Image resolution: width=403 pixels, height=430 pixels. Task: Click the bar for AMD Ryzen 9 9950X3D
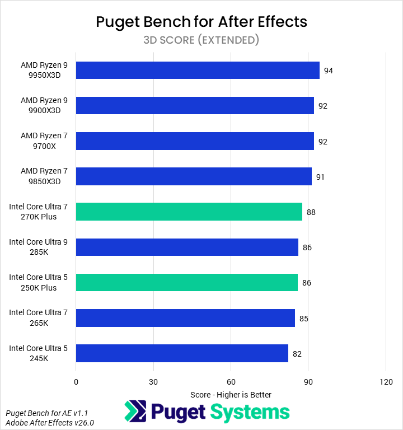point(198,71)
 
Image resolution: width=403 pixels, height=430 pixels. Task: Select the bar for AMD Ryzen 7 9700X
point(195,141)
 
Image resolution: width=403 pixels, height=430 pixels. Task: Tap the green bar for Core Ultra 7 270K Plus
point(189,212)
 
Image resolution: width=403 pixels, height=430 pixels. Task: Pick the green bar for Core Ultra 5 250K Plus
point(187,282)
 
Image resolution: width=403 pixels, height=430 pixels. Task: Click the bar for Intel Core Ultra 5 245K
point(182,353)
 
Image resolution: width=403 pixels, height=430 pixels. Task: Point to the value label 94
point(329,71)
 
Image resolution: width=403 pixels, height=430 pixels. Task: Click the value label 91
point(320,177)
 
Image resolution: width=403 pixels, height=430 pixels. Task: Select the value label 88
point(311,212)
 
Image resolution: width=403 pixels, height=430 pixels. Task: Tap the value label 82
point(297,354)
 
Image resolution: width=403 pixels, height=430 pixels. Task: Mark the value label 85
point(304,319)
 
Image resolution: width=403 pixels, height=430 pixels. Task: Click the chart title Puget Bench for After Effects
point(201,22)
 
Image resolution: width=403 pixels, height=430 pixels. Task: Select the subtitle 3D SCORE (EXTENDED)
point(201,40)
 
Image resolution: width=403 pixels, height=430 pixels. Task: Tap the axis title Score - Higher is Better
point(231,394)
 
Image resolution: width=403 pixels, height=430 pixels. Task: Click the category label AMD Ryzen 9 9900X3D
point(44,105)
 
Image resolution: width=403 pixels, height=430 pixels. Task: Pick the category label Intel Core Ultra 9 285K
point(39,247)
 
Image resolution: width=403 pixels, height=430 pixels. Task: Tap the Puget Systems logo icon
point(135,412)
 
